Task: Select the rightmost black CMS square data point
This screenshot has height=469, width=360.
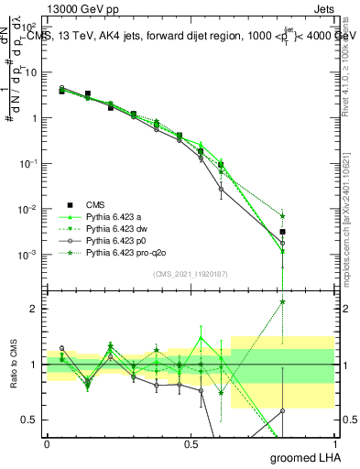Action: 283,232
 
